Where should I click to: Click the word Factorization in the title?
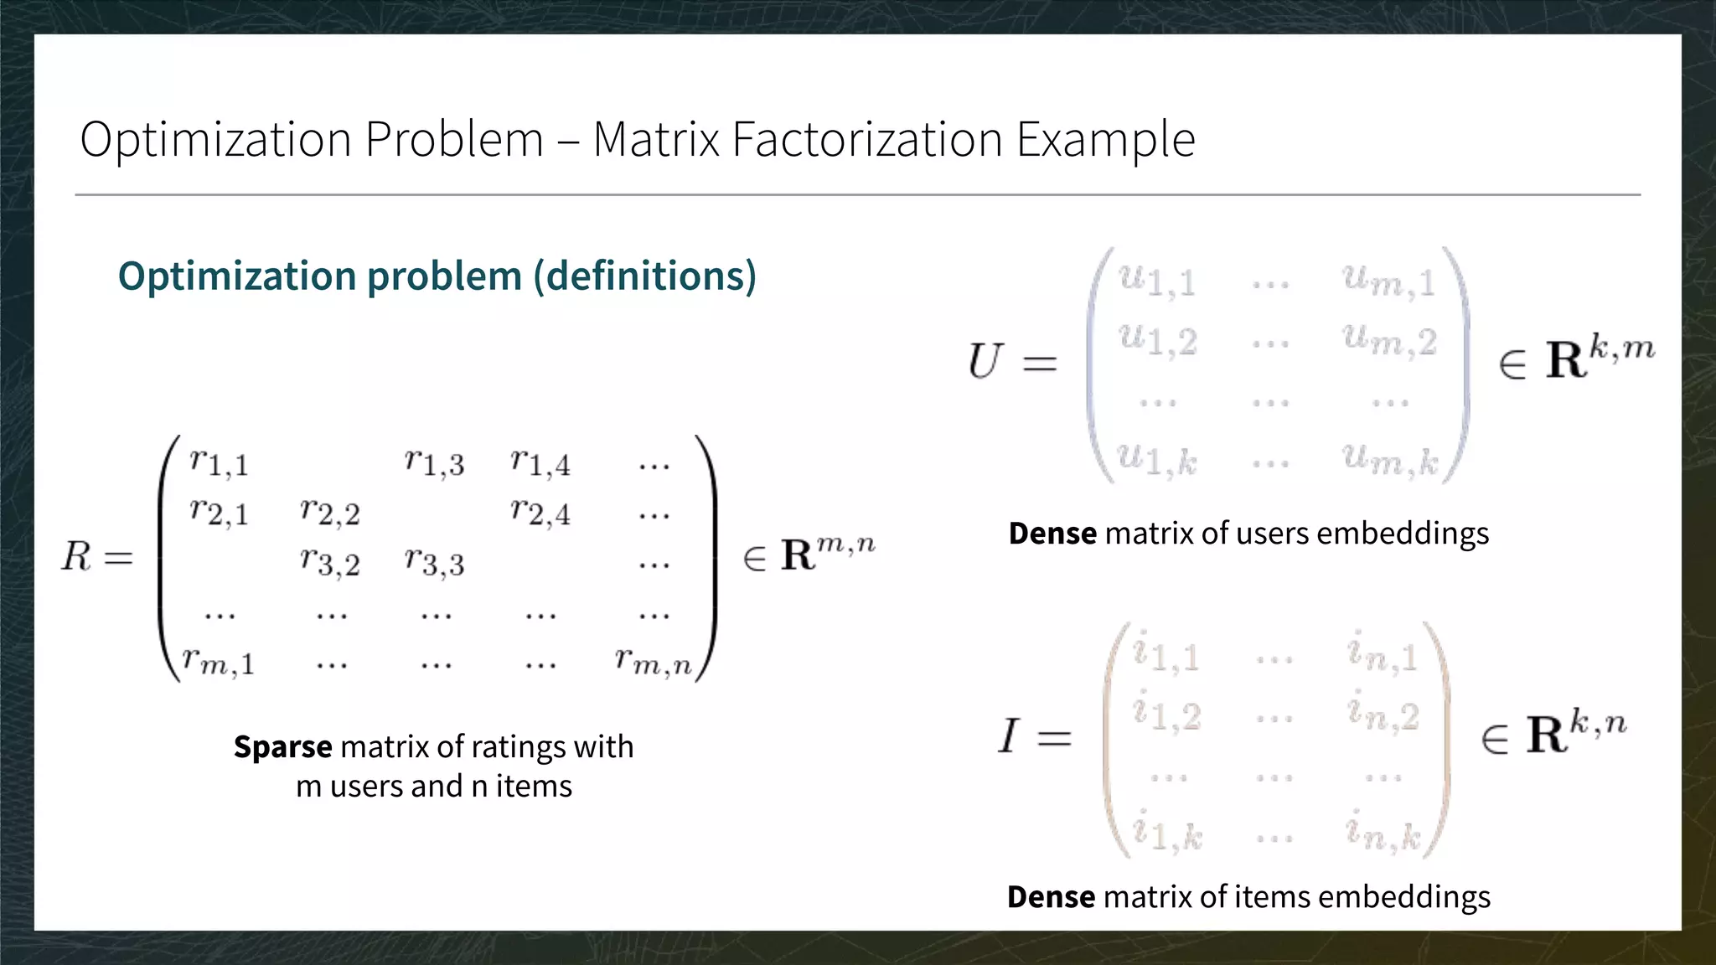click(x=866, y=139)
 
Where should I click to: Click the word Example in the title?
click(x=1105, y=141)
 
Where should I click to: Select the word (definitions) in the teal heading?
click(x=645, y=276)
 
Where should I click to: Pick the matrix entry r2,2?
click(x=330, y=512)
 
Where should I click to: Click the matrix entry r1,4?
click(x=540, y=462)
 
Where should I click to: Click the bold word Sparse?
click(x=282, y=746)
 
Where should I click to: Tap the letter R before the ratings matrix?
click(x=75, y=556)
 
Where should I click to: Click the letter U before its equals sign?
click(x=984, y=362)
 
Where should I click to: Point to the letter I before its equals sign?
click(x=1008, y=736)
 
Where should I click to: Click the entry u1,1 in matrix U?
click(x=1157, y=280)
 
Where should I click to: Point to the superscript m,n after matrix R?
click(x=845, y=544)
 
